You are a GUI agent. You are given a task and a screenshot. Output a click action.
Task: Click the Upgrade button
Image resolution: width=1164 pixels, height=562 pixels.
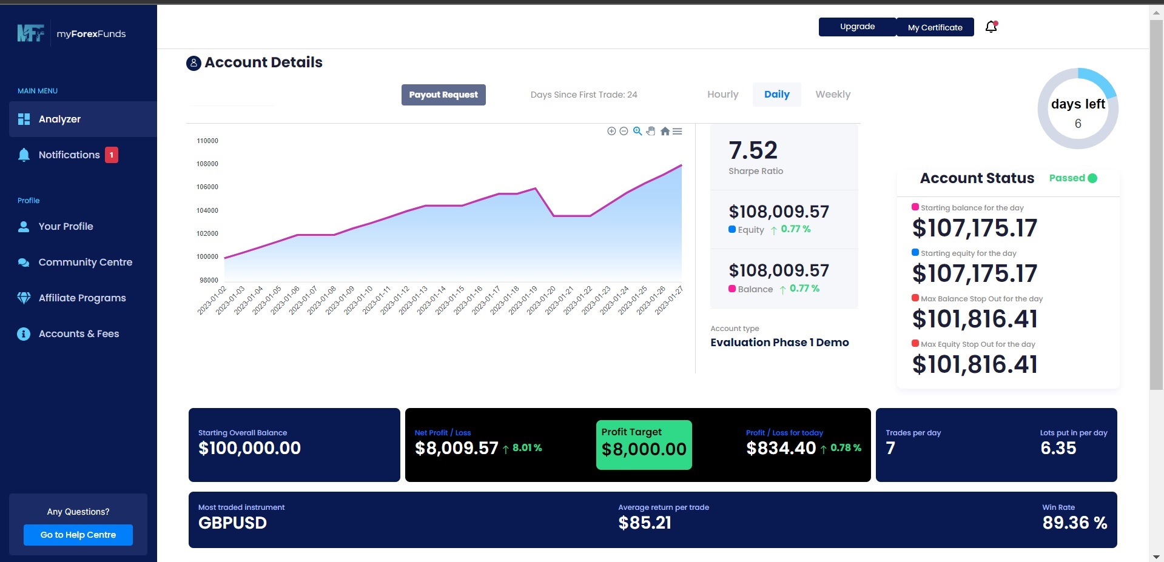coord(857,27)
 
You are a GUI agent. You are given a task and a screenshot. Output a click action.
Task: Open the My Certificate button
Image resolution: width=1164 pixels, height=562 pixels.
coord(935,27)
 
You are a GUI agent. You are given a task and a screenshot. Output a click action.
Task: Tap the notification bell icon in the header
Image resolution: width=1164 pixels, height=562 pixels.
coord(991,27)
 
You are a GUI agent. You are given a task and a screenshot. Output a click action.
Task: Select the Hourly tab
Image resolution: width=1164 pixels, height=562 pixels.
coord(722,95)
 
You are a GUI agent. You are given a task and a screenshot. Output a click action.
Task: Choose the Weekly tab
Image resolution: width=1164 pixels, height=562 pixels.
coord(832,95)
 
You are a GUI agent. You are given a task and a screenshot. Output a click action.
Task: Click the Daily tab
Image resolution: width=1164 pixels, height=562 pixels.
coord(776,95)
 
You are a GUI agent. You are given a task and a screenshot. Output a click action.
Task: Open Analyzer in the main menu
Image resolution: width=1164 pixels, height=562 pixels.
coord(59,119)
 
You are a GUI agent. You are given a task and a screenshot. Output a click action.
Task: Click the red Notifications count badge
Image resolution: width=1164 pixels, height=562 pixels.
coord(112,155)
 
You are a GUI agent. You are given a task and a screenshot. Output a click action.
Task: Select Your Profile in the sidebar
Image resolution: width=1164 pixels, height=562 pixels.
coord(66,227)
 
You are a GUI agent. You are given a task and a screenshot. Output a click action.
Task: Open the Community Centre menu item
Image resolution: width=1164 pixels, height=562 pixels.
coord(85,263)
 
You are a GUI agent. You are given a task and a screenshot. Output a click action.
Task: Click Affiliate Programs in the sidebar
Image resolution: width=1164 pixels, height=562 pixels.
coord(82,298)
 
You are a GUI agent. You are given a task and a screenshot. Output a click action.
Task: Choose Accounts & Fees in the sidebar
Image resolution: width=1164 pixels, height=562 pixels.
coord(78,334)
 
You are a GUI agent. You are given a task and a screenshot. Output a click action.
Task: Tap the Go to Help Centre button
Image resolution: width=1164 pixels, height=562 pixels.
coord(78,535)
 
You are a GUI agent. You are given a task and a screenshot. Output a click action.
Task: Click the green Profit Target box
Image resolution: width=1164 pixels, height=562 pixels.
coord(644,445)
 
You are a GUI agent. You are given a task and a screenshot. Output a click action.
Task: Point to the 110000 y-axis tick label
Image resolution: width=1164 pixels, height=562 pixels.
coord(207,141)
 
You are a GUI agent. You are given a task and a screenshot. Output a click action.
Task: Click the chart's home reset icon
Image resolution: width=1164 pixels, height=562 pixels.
coord(665,132)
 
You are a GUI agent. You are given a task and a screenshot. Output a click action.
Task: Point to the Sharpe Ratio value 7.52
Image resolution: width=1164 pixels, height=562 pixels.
coord(753,150)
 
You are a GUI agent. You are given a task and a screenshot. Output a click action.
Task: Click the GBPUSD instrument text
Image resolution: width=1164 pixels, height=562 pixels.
coord(232,523)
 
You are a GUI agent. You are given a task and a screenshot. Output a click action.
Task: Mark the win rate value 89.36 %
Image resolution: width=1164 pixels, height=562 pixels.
coord(1074,523)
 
